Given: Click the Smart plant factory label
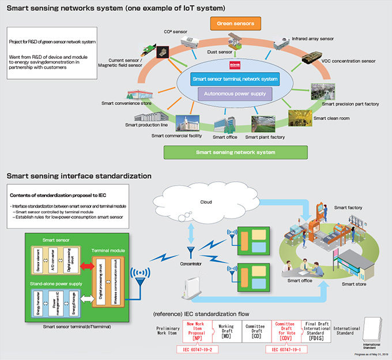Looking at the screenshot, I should pos(266,137).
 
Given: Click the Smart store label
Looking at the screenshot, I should pos(354,284).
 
